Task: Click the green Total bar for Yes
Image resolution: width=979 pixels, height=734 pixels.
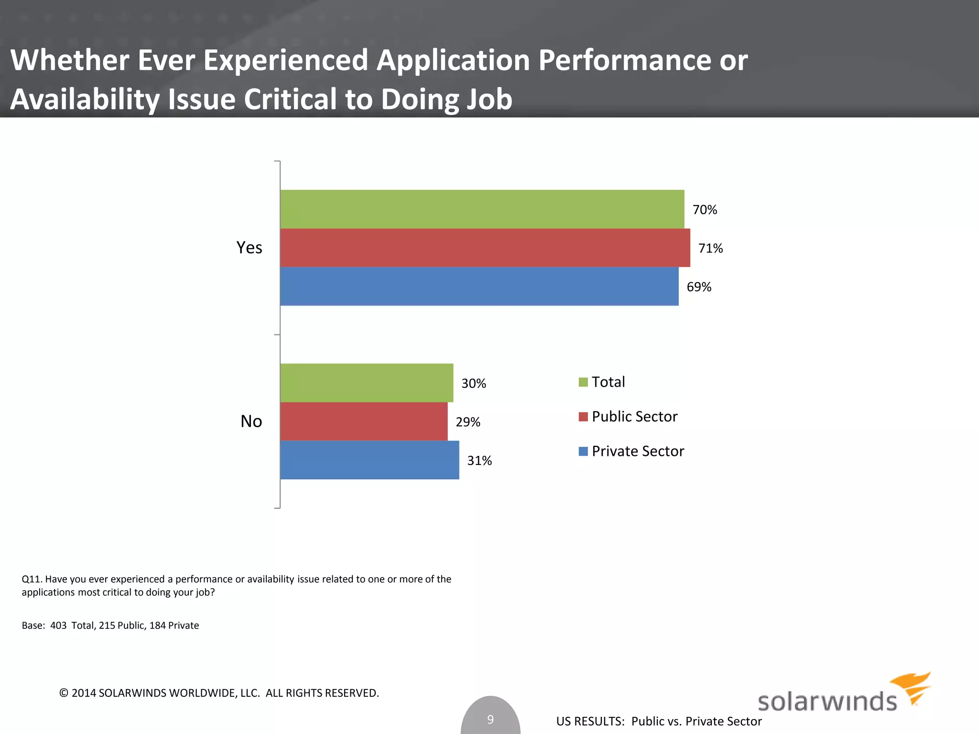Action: pyautogui.click(x=482, y=209)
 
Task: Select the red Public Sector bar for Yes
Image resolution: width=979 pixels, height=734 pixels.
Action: pyautogui.click(x=485, y=248)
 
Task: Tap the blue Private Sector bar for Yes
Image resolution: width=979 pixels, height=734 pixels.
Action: pyautogui.click(x=479, y=286)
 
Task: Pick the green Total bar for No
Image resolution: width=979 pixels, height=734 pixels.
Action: pyautogui.click(x=367, y=383)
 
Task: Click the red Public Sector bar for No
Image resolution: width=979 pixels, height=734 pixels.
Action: pyautogui.click(x=364, y=421)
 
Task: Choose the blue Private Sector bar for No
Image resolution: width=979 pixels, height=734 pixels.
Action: pyautogui.click(x=370, y=460)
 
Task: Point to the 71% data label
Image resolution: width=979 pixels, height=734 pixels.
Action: pyautogui.click(x=710, y=248)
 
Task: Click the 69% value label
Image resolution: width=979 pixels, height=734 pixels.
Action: pyautogui.click(x=699, y=287)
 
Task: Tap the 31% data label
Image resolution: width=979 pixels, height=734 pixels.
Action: pyautogui.click(x=479, y=461)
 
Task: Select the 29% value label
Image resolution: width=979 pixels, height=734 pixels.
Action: pyautogui.click(x=468, y=422)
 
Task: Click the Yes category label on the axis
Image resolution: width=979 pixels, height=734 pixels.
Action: pyautogui.click(x=249, y=248)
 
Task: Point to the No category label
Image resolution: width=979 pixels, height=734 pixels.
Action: pyautogui.click(x=251, y=421)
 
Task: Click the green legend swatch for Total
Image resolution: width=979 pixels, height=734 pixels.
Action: pyautogui.click(x=583, y=382)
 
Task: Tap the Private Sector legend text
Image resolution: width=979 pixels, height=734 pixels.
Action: pyautogui.click(x=638, y=451)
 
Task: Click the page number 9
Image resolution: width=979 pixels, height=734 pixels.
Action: pyautogui.click(x=490, y=719)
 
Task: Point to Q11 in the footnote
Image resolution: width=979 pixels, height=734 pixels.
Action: pyautogui.click(x=32, y=579)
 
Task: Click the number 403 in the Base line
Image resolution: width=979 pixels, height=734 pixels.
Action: pyautogui.click(x=58, y=626)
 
